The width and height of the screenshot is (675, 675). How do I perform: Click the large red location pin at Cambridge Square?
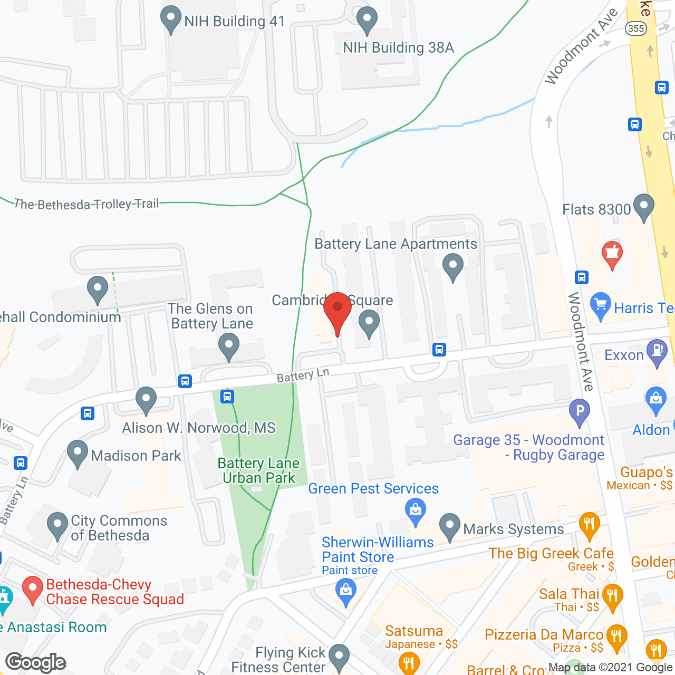pyautogui.click(x=337, y=311)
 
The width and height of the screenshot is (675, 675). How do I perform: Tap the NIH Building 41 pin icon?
pyautogui.click(x=170, y=20)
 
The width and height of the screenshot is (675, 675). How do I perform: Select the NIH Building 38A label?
pyautogui.click(x=398, y=48)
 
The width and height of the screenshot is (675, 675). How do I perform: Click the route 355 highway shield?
pyautogui.click(x=636, y=28)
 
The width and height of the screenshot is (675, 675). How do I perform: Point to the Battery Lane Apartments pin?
pyautogui.click(x=452, y=266)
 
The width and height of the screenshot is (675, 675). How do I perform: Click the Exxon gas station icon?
pyautogui.click(x=657, y=353)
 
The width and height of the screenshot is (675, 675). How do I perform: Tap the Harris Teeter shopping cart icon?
pyautogui.click(x=601, y=306)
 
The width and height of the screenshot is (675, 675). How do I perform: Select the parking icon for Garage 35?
pyautogui.click(x=580, y=411)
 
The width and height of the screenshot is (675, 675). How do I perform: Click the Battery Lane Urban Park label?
pyautogui.click(x=258, y=470)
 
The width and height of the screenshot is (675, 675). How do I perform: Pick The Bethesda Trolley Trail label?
pyautogui.click(x=86, y=204)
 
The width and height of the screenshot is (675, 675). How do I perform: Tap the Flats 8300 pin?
pyautogui.click(x=643, y=207)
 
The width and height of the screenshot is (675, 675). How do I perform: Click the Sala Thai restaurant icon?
pyautogui.click(x=612, y=596)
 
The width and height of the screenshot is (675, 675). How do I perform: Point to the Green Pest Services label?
pyautogui.click(x=373, y=489)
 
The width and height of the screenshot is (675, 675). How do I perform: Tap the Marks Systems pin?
pyautogui.click(x=449, y=526)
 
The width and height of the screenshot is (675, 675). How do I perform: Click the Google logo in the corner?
pyautogui.click(x=36, y=662)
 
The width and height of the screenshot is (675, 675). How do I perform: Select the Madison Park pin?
pyautogui.click(x=78, y=453)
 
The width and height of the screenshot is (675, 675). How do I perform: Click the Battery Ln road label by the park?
pyautogui.click(x=303, y=375)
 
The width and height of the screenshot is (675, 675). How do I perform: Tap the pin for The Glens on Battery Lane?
pyautogui.click(x=229, y=348)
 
